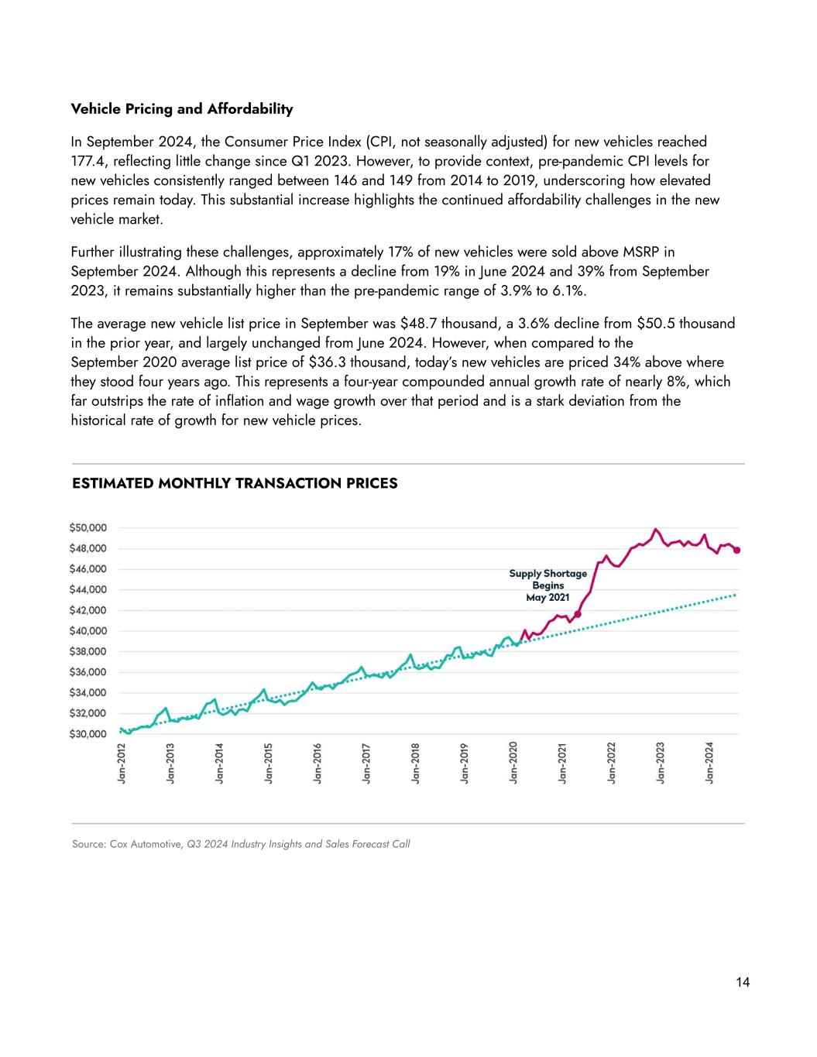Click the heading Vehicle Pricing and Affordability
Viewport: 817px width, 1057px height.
[x=182, y=109]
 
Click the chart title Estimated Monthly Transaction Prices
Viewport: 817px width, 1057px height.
[x=235, y=484]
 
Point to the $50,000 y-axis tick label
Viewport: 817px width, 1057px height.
[x=88, y=528]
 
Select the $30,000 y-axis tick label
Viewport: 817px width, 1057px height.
[x=88, y=734]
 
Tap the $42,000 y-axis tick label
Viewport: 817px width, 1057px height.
[x=88, y=610]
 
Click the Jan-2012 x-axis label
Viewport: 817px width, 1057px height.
[x=122, y=764]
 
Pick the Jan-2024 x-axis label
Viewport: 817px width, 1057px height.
[x=709, y=764]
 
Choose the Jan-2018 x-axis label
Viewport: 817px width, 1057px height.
[x=416, y=764]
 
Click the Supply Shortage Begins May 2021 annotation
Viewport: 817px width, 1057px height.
[x=548, y=585]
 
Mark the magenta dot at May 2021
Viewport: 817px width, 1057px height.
[x=578, y=614]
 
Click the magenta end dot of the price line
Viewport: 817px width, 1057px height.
[x=737, y=551]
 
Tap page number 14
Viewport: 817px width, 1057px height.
[x=743, y=983]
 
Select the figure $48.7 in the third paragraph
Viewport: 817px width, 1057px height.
[x=419, y=323]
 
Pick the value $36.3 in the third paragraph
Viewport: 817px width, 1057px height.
[x=326, y=362]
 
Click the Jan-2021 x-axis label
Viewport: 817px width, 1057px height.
[x=563, y=764]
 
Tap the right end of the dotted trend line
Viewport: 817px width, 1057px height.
[x=734, y=595]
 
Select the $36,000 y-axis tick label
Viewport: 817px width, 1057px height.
[x=88, y=672]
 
